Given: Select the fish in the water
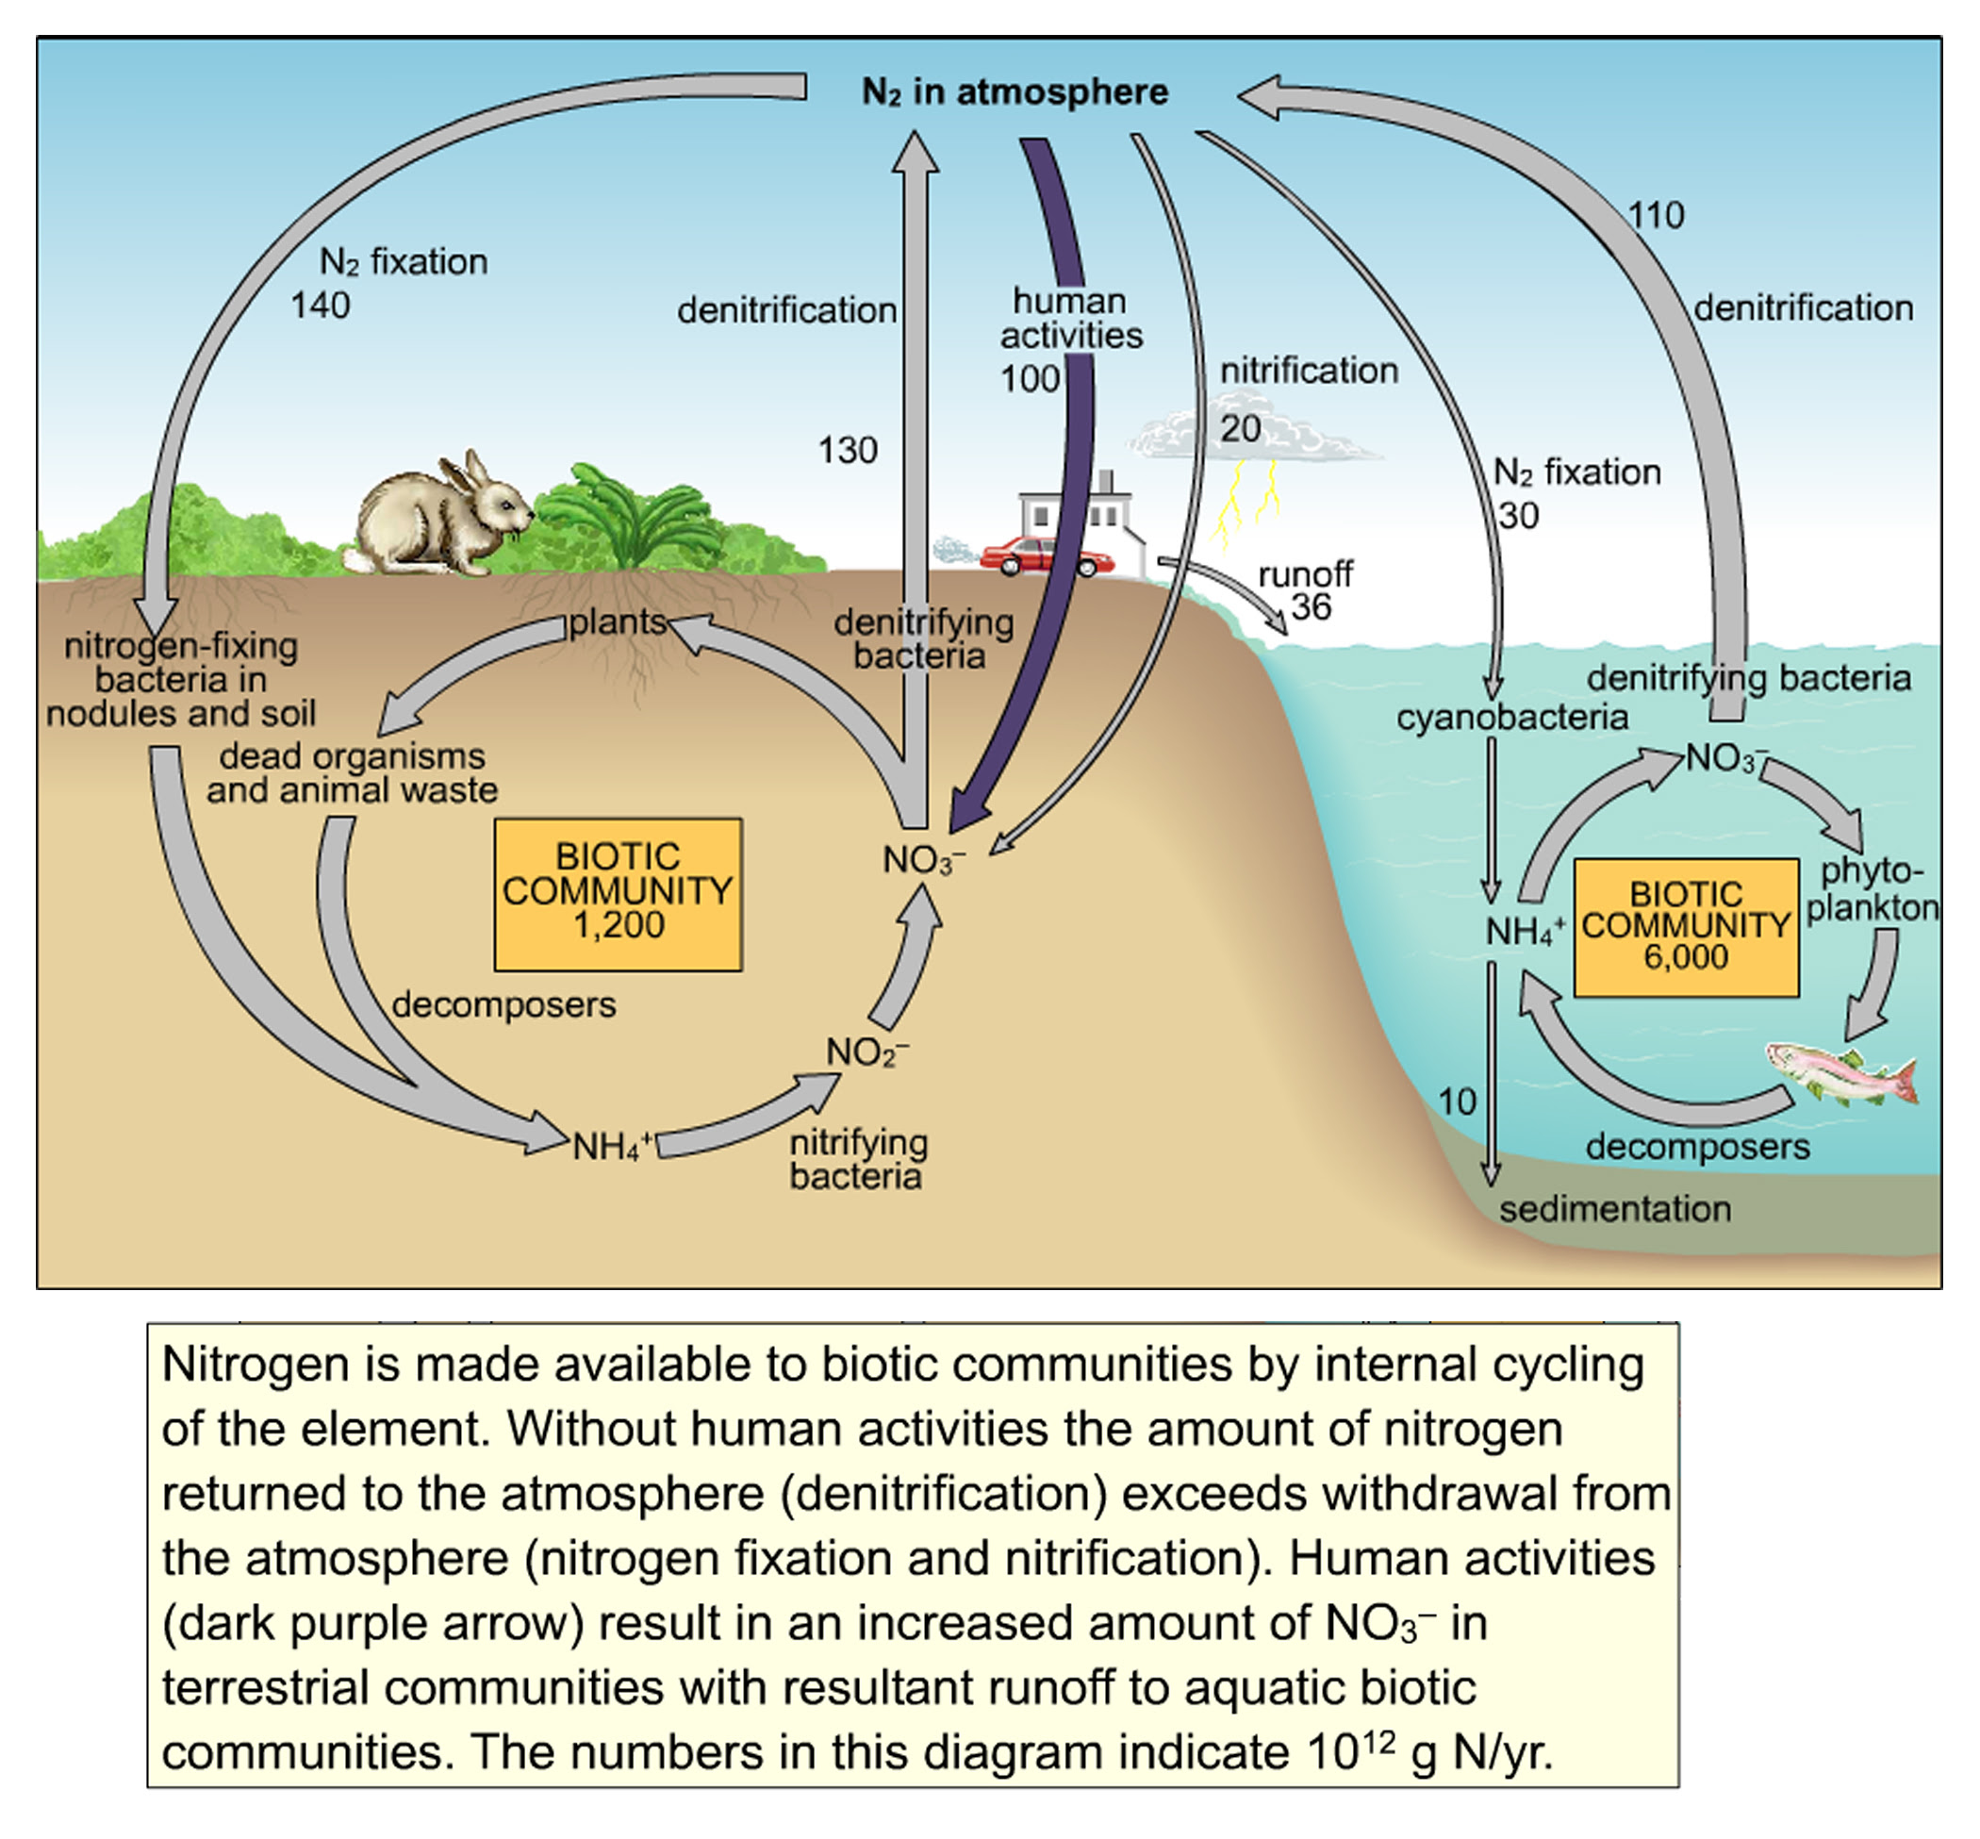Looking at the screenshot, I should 1840,1073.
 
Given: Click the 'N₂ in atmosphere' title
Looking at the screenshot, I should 1015,92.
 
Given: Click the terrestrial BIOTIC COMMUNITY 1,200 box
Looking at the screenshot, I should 618,893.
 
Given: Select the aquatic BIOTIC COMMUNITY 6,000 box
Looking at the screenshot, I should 1686,925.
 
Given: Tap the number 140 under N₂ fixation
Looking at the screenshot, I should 320,306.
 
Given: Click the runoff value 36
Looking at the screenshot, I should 1311,606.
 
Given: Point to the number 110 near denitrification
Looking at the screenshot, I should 1656,215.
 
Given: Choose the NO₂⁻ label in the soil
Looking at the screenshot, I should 866,1052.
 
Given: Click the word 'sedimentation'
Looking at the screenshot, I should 1615,1209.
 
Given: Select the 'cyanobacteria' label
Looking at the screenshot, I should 1511,718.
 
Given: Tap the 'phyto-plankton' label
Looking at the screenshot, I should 1872,888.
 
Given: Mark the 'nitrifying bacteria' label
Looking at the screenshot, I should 858,1159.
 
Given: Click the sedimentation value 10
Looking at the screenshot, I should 1457,1102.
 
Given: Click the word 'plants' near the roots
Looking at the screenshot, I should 617,621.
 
